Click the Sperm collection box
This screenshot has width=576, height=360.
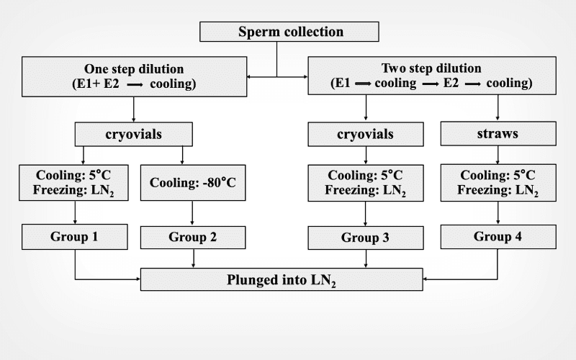290,32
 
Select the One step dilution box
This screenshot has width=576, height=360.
134,76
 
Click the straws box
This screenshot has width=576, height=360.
498,133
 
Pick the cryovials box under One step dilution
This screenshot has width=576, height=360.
134,134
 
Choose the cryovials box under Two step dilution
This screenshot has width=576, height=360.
366,134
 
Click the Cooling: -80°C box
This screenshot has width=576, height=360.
192,182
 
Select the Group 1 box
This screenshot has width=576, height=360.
75,235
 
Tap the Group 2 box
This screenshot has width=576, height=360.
192,236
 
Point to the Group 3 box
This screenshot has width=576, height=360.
366,236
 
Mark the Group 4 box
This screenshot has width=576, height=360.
498,236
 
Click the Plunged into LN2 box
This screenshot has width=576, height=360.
281,279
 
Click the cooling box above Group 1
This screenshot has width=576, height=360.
75,182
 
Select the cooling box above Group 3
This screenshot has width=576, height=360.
366,182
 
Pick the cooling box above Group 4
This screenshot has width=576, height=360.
498,182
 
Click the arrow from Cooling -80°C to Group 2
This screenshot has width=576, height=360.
192,212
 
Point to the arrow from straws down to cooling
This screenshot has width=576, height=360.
498,154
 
